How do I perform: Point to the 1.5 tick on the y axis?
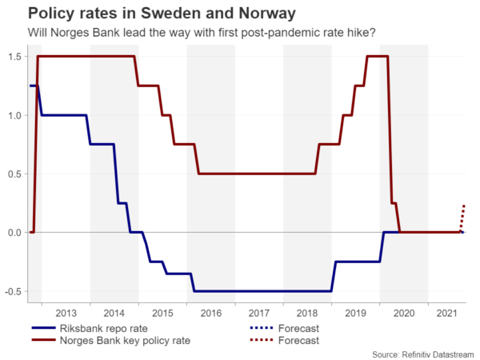pos(14,56)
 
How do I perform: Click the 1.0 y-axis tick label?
pos(14,115)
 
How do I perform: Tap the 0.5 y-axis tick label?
pos(14,174)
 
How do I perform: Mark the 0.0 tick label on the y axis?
pos(14,232)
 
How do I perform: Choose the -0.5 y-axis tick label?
pos(13,291)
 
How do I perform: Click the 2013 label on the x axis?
pos(66,313)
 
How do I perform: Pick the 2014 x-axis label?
pos(114,313)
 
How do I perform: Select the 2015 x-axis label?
pos(162,313)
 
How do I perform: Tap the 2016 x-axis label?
pos(211,313)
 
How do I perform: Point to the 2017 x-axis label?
pos(259,313)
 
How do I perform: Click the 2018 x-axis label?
pos(307,313)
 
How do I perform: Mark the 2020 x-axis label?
pos(404,313)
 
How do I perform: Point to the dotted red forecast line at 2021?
pos(463,217)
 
